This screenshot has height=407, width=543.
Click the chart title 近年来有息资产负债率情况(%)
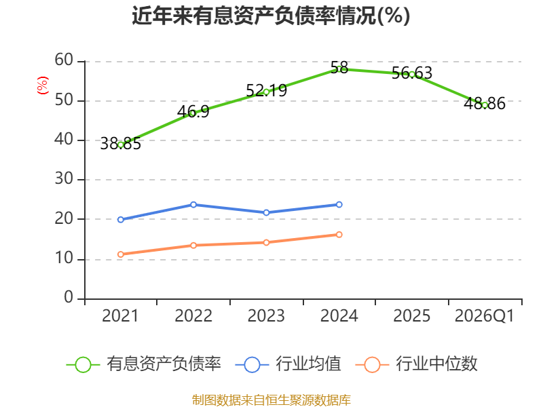tap(271, 16)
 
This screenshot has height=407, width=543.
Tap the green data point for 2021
tap(121, 145)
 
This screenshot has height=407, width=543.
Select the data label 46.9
tap(193, 111)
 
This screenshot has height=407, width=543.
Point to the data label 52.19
tap(266, 90)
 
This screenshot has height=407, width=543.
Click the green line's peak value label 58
tap(339, 67)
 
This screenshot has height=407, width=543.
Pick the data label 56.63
tap(412, 73)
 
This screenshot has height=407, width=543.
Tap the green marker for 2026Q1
tap(485, 105)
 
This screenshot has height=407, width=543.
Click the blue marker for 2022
tap(193, 205)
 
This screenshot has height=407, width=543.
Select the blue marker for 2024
tap(339, 205)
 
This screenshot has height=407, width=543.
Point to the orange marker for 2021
tap(121, 255)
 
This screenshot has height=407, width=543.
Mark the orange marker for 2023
tap(266, 243)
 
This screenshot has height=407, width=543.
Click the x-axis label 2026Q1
tap(485, 316)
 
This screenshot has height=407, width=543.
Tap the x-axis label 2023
tap(266, 316)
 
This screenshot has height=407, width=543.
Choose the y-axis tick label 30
tap(64, 179)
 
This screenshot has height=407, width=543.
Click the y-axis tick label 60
tap(64, 60)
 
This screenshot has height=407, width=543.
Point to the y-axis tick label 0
tap(69, 298)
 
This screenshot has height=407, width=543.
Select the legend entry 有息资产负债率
tap(144, 364)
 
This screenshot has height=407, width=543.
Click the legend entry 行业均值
tap(288, 364)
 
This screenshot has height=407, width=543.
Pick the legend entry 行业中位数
tap(416, 364)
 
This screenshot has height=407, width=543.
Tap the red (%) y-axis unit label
tap(43, 85)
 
